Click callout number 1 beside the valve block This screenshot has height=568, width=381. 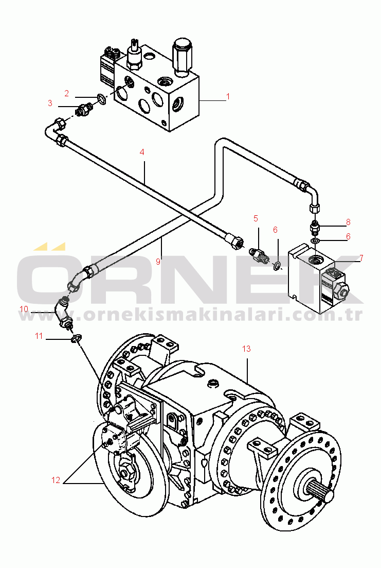228,96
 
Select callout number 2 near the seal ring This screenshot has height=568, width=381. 67,93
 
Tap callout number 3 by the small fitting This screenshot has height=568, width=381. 50,103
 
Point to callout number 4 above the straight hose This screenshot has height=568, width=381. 142,152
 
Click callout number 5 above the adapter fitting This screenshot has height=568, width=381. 256,218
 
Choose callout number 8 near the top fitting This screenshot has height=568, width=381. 348,222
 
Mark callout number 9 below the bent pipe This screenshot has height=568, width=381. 158,261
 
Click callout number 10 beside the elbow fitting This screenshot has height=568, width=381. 24,308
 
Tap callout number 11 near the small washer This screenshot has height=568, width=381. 39,336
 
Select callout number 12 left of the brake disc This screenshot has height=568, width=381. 56,480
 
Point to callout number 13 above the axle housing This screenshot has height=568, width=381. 246,349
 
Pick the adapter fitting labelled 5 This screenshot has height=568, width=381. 259,254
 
